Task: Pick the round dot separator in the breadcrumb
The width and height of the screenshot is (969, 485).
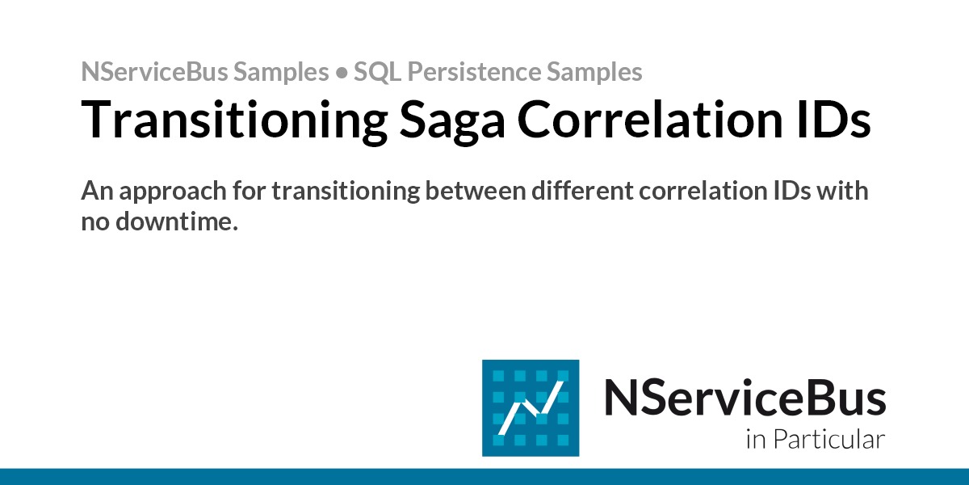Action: pos(341,73)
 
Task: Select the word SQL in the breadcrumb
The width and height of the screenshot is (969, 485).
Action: pos(376,72)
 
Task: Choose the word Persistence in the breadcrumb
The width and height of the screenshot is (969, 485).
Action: pos(472,72)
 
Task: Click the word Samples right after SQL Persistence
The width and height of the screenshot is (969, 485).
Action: pos(595,72)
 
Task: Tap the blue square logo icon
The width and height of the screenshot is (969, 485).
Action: pos(530,407)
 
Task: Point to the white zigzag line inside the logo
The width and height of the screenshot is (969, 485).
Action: pos(530,409)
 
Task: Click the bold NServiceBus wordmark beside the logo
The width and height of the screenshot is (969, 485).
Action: pos(745,398)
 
